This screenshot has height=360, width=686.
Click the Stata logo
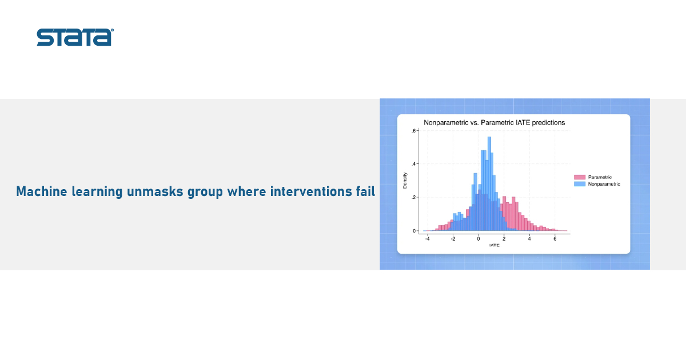tap(75, 37)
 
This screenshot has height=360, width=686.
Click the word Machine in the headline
tap(42, 191)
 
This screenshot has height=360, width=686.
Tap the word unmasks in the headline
tap(155, 191)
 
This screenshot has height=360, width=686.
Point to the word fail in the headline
tap(365, 191)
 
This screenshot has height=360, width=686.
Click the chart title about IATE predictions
tap(494, 123)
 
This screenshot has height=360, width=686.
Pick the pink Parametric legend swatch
tap(580, 177)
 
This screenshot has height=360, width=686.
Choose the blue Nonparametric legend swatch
tap(580, 184)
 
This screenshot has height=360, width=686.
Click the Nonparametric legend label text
tap(604, 184)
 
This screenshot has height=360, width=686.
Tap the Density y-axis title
tap(405, 181)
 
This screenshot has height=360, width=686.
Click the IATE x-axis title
tap(494, 245)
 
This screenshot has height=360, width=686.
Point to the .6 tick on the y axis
tap(414, 131)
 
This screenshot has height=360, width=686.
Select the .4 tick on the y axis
tap(414, 164)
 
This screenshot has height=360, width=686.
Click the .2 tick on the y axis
tap(414, 198)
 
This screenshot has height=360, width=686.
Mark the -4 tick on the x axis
tap(427, 239)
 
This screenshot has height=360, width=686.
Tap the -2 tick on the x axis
tap(453, 239)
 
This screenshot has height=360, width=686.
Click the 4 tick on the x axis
tap(529, 239)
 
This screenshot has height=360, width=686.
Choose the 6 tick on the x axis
tap(555, 239)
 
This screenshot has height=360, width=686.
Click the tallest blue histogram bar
tap(489, 183)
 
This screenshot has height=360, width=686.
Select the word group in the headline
tap(205, 192)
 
